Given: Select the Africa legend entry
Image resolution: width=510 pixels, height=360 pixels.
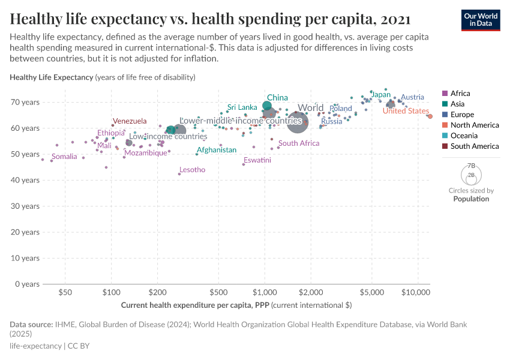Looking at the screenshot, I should click(460, 94).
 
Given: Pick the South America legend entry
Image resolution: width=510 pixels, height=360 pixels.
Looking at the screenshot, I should click(474, 146).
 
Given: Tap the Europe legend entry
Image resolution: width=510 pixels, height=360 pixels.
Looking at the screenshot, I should click(462, 115).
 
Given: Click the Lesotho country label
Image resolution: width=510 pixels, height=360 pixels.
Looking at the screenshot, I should click(192, 170).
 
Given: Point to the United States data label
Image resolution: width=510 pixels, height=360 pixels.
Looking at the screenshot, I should click(406, 111).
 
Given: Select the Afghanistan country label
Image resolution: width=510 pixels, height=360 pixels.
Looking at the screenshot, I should click(217, 150).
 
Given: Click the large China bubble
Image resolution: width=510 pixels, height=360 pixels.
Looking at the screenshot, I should click(267, 107).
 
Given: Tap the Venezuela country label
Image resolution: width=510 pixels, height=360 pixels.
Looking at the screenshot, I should click(130, 121).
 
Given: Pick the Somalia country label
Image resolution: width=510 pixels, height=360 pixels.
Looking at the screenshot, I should click(64, 157).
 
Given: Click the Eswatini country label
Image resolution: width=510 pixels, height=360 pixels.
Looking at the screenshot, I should click(257, 160).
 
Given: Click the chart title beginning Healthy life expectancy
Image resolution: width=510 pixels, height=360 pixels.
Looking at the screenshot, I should click(210, 19).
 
